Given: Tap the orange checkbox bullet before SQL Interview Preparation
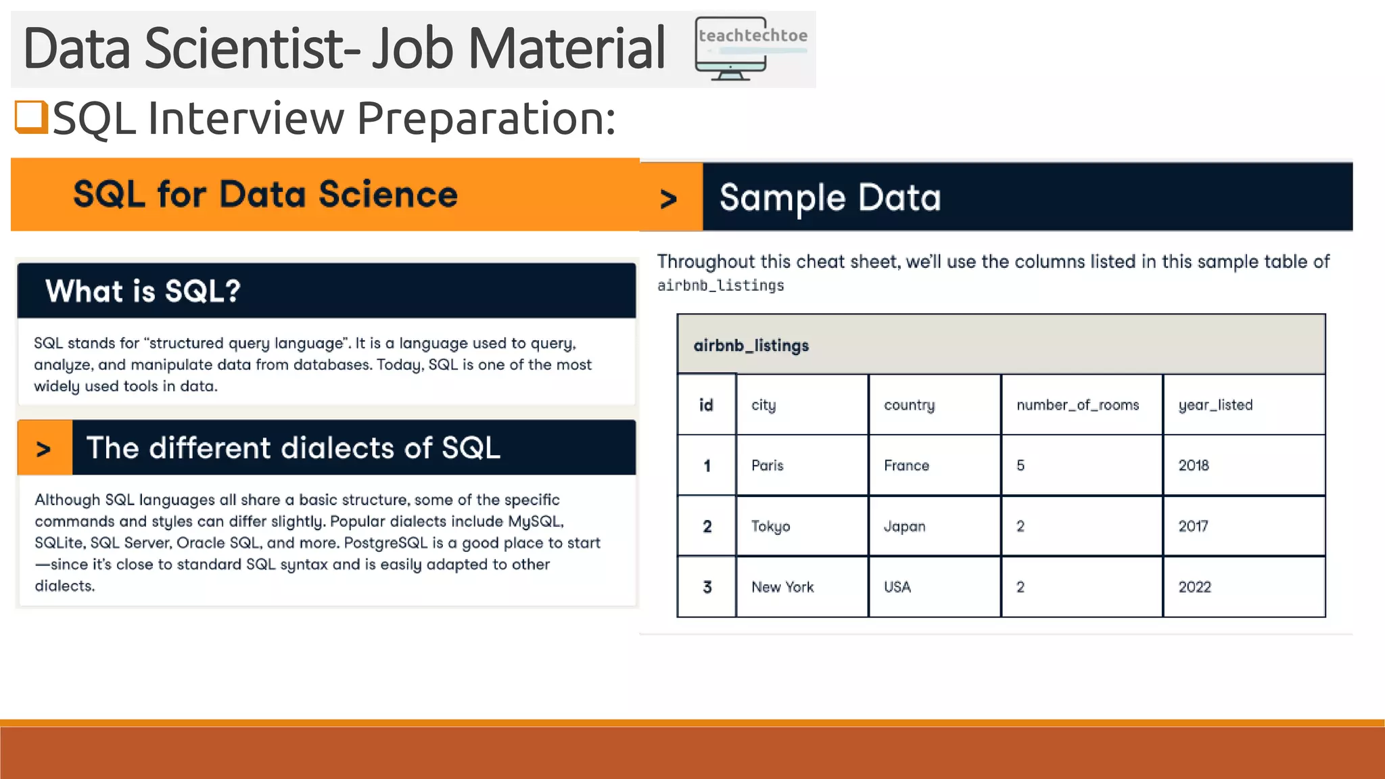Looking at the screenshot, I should point(30,117).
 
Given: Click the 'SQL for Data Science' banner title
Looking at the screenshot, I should point(265,195).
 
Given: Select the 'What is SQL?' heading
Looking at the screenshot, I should point(143,291).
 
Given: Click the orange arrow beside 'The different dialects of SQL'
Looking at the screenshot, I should point(44,448).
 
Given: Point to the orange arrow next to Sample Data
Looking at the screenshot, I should point(669,198).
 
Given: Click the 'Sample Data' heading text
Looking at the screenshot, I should point(830,197).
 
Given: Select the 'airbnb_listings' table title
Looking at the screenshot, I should point(751,346).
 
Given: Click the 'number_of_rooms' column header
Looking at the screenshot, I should point(1077,405).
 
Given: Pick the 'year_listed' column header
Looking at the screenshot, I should point(1215,405).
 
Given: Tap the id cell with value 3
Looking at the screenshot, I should point(707,587).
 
